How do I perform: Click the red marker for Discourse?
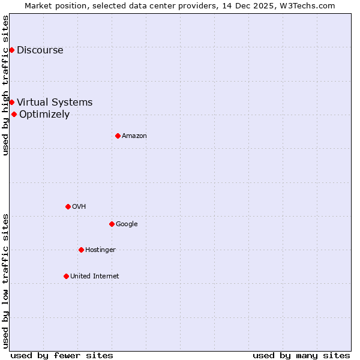(x=11, y=50)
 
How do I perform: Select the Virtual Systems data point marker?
(x=11, y=102)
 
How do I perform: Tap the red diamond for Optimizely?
(x=14, y=114)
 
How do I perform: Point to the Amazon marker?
(x=118, y=136)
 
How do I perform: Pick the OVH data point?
(x=68, y=206)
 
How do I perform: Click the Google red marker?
(x=112, y=224)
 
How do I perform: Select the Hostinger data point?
(x=81, y=250)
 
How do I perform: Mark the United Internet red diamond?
(x=66, y=276)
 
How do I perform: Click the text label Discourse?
(x=40, y=50)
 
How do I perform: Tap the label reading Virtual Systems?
(x=55, y=102)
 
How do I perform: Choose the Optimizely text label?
(x=44, y=114)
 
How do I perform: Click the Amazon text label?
(x=134, y=136)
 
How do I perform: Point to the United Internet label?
(x=94, y=276)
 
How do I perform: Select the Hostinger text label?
(x=100, y=250)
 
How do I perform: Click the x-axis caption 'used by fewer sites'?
(x=62, y=355)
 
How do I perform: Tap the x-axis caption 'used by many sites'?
(x=301, y=355)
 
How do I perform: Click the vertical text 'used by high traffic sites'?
(x=5, y=85)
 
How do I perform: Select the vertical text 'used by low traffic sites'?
(x=5, y=280)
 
